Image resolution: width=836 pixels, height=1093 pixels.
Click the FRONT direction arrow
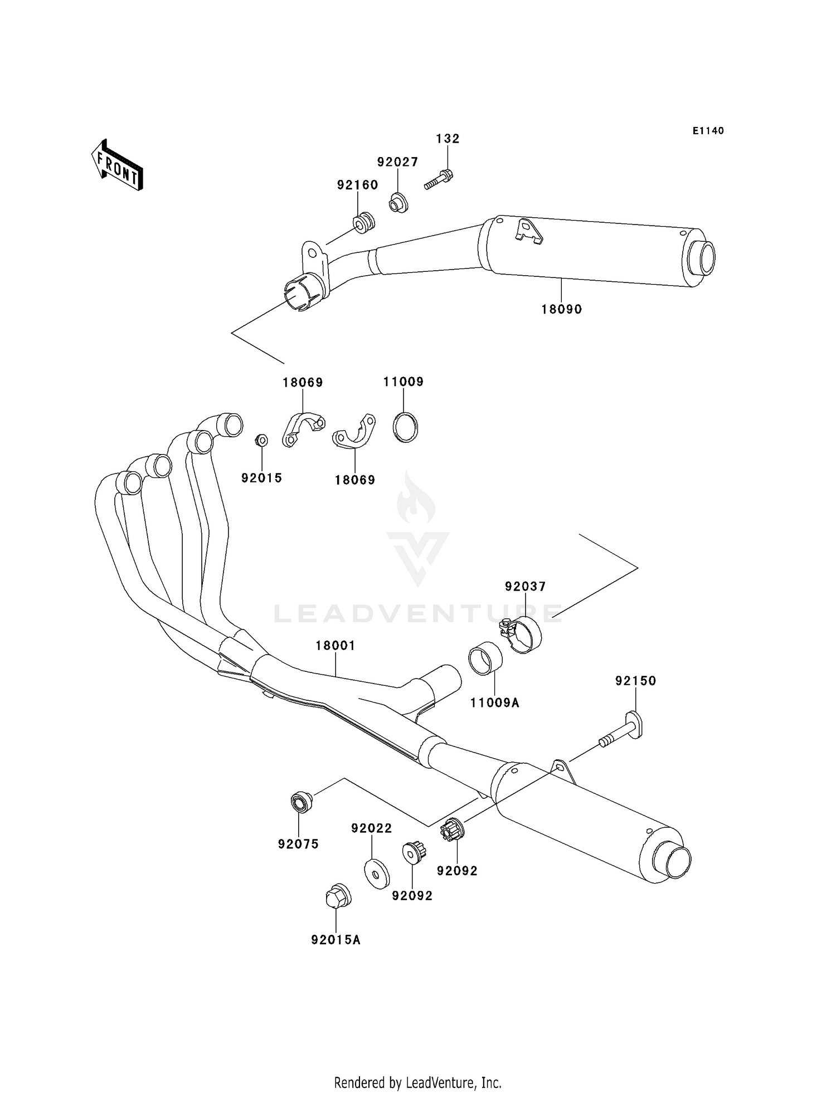click(117, 165)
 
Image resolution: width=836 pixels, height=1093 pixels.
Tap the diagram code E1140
click(708, 131)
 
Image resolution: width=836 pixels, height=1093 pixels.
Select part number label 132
click(448, 139)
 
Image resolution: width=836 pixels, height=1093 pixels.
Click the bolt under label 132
click(439, 180)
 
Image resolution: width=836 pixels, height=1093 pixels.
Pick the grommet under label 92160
click(363, 223)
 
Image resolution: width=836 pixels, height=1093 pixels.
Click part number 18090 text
click(561, 309)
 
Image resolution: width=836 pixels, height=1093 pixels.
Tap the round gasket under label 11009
click(405, 427)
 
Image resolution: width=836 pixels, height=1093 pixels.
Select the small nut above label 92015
click(261, 440)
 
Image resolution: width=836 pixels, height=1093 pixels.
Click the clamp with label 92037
click(522, 635)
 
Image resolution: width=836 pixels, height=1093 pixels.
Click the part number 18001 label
click(335, 646)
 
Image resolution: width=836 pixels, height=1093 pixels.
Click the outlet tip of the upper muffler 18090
click(701, 258)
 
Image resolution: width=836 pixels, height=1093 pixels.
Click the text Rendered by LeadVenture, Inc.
click(418, 1082)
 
